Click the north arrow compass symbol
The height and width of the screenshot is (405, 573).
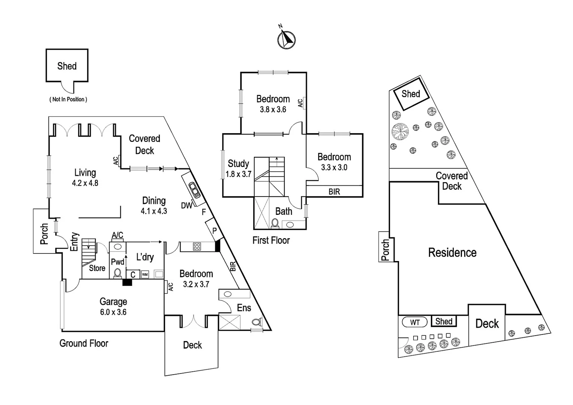click(286, 39)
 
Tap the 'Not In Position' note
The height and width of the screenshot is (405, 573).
click(68, 99)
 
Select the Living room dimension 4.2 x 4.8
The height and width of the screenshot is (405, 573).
click(85, 183)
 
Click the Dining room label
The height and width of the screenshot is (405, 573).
click(154, 201)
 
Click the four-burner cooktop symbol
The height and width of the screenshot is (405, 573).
click(197, 246)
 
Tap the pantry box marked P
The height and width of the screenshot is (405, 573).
click(214, 231)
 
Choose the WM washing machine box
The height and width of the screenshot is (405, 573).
click(145, 274)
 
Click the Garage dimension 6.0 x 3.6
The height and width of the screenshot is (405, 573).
click(113, 312)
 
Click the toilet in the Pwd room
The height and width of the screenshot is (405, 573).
click(118, 273)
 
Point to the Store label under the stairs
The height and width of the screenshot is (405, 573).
click(97, 268)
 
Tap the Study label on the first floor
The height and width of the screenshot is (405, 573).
click(238, 163)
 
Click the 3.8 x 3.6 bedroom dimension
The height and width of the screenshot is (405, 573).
click(273, 109)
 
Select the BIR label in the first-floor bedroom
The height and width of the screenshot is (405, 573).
click(334, 192)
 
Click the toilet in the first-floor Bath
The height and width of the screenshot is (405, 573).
click(275, 223)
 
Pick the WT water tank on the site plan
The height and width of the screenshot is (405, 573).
click(414, 322)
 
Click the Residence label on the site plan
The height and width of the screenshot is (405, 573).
click(452, 253)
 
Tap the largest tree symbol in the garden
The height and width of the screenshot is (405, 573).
click(399, 131)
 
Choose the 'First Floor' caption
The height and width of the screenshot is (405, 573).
click(271, 240)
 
